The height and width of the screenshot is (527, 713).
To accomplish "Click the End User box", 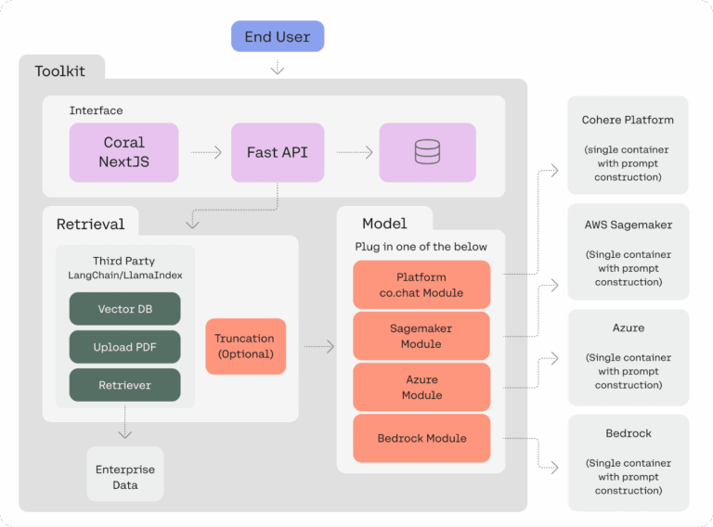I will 278,37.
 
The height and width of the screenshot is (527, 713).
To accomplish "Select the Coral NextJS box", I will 123,152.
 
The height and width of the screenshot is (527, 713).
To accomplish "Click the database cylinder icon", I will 427,152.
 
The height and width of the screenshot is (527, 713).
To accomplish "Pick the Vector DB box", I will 124,309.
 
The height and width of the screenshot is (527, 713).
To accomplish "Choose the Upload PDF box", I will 124,347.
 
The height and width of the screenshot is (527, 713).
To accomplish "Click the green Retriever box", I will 124,385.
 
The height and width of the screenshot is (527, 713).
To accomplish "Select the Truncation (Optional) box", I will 245,347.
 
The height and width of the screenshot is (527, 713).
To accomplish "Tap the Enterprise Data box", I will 125,477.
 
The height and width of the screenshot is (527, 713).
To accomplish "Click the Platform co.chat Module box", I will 421,285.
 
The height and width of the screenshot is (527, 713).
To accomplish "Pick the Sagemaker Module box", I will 421,336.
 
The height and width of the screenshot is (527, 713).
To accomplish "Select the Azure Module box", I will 421,388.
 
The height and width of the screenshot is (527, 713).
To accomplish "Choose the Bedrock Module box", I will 421,438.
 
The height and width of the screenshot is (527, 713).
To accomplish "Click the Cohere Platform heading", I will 628,120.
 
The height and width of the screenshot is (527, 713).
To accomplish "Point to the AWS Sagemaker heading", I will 628,225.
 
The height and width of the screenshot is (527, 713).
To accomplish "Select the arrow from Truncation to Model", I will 318,347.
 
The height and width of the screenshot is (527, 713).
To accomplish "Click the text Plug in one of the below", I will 421,247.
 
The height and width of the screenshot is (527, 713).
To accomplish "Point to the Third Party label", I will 124,262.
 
